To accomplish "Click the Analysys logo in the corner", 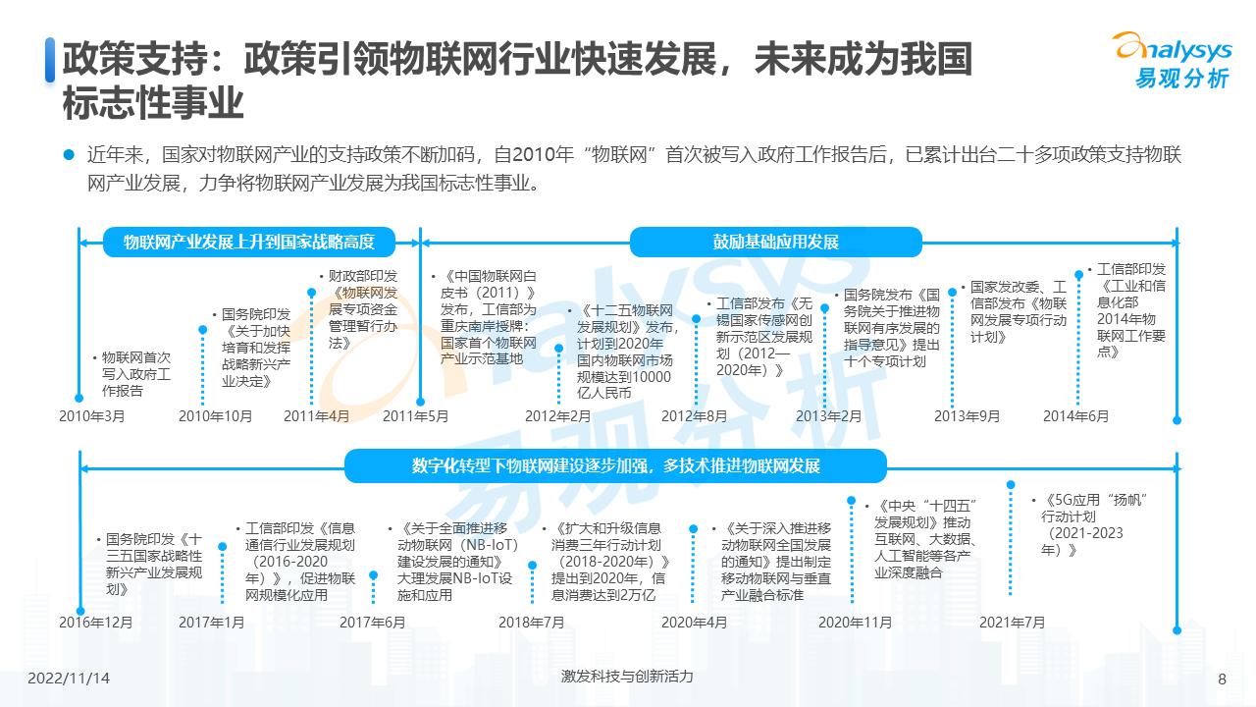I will pos(1170,59).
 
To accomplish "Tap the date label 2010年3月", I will pos(92,416).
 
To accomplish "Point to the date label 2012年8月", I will pos(694,416).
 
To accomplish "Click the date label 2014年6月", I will pos(1075,416).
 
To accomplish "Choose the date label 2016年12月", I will pos(95,623).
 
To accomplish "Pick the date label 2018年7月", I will pos(531,623).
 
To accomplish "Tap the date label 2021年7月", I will pos(1012,623).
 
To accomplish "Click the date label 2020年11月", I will pos(855,623).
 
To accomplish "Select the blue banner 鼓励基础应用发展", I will pos(775,242).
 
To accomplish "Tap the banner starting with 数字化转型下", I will pos(615,465).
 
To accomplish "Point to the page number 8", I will pos(1222,679).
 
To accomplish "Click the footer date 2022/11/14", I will pos(69,679).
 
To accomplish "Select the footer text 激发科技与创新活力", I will pos(627,677).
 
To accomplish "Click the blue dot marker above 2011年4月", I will pos(312,292).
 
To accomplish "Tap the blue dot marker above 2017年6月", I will pos(373,576).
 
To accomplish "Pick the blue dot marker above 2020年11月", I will pos(851,501).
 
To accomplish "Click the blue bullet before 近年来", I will pos(69,154).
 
